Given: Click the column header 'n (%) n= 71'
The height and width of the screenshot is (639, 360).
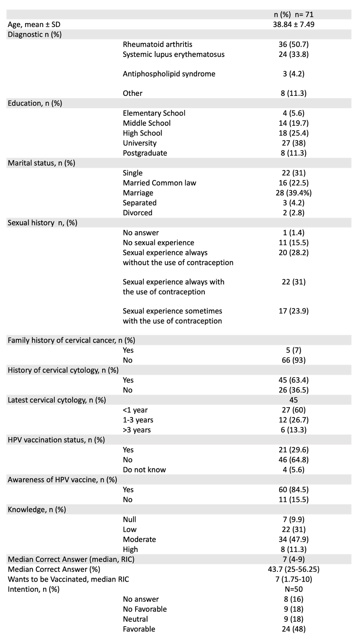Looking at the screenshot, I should click(x=293, y=15).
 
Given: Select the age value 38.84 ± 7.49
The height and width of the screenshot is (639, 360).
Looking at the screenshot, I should click(x=293, y=24).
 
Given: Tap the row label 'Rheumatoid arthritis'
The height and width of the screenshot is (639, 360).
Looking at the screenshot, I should click(x=157, y=44).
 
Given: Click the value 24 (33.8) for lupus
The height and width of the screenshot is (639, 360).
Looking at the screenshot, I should click(x=293, y=54).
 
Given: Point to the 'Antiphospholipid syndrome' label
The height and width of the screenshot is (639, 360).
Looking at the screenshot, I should click(x=169, y=74).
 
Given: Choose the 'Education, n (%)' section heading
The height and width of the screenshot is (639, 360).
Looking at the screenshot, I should click(x=35, y=103).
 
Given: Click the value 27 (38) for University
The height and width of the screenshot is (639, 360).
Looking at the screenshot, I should click(x=293, y=143).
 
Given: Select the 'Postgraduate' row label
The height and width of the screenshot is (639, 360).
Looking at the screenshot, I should click(x=145, y=153).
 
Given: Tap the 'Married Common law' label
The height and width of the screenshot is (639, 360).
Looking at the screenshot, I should click(x=159, y=183).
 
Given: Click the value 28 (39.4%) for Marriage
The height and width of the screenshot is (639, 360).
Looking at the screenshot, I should click(x=293, y=193).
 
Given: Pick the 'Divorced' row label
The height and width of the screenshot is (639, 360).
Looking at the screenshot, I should click(x=138, y=213).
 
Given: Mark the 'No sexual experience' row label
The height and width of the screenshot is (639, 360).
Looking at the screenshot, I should click(x=158, y=243).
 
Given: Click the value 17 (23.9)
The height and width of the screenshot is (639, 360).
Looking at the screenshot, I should click(x=293, y=311).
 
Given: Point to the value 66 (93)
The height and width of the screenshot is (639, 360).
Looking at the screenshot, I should click(x=293, y=360).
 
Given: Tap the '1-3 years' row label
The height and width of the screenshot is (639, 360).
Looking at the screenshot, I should click(x=138, y=420).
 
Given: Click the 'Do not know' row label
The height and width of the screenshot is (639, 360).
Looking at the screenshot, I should click(x=144, y=470).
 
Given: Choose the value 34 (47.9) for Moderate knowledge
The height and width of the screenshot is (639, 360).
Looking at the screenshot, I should click(x=293, y=539).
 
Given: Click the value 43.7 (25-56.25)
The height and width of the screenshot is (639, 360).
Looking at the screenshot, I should click(x=293, y=569).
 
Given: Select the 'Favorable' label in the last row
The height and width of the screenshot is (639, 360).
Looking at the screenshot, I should click(x=139, y=629).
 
